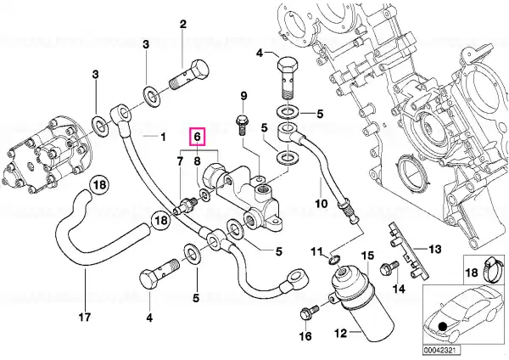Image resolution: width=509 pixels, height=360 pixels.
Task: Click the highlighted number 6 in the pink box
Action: click(198, 137)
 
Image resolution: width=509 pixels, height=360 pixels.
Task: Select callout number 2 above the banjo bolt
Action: click(183, 25)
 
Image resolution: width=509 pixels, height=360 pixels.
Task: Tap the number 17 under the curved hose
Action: click(85, 316)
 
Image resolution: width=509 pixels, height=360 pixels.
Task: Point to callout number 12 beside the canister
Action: click(341, 333)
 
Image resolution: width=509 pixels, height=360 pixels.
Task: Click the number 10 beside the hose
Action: click(322, 204)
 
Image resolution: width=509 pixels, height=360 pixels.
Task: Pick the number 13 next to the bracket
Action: click(434, 250)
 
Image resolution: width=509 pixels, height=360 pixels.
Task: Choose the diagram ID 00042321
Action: click(437, 351)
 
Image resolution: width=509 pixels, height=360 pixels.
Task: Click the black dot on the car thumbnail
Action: click(441, 326)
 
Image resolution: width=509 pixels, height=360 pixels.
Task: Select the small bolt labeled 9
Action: click(242, 125)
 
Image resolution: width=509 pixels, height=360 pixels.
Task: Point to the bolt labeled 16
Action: click(309, 312)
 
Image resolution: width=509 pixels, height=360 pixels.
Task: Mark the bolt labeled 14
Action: click(389, 267)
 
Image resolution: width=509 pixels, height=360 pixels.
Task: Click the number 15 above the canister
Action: click(368, 256)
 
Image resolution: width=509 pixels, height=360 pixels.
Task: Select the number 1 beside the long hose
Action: click(163, 137)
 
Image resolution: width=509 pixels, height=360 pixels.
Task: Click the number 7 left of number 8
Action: click(181, 160)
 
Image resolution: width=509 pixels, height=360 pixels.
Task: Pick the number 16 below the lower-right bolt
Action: click(305, 335)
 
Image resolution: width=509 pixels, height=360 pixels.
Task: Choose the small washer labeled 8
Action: click(204, 194)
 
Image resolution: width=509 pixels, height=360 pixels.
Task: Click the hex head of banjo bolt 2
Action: click(199, 70)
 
